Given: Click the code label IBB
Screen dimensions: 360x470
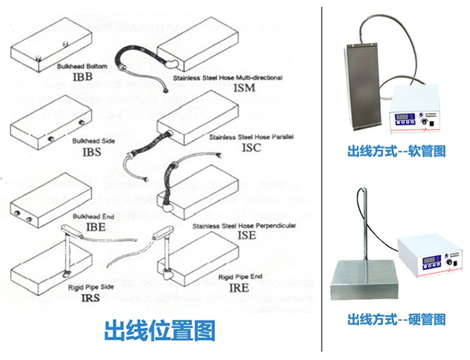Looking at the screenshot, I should [x=81, y=76].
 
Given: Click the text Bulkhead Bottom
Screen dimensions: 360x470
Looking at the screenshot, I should [x=81, y=66].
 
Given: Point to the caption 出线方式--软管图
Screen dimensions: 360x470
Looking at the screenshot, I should [x=396, y=152].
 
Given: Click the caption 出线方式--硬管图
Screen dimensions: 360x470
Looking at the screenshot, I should [x=396, y=320].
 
